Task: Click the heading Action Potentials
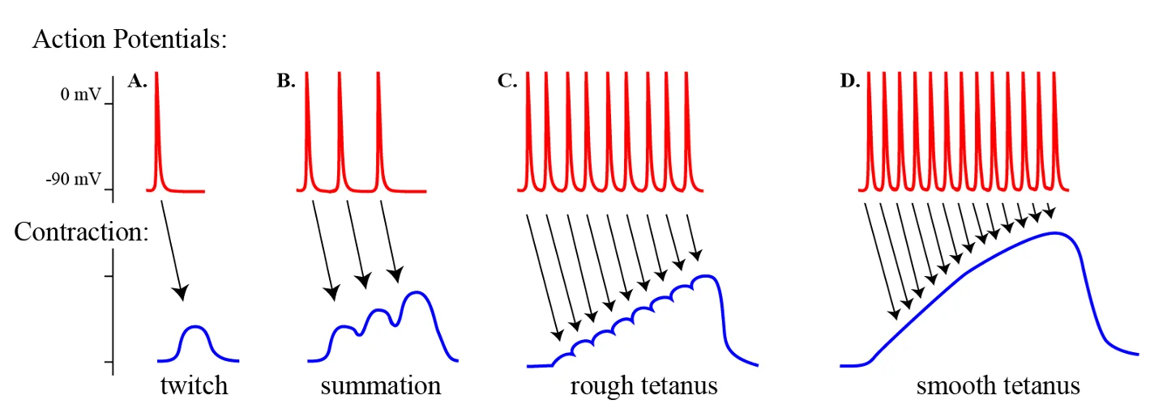click(130, 39)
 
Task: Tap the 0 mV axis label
click(81, 94)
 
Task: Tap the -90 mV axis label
click(74, 179)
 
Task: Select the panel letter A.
click(138, 81)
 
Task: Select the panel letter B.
click(286, 81)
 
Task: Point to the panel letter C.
click(507, 81)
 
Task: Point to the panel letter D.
click(849, 81)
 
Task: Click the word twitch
click(194, 385)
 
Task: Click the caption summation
click(381, 385)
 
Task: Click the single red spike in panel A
click(157, 130)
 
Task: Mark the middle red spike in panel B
click(340, 130)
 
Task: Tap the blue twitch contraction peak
click(195, 327)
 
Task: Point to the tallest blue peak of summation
click(417, 292)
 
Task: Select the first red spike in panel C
click(528, 130)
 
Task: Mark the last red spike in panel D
click(1054, 130)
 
